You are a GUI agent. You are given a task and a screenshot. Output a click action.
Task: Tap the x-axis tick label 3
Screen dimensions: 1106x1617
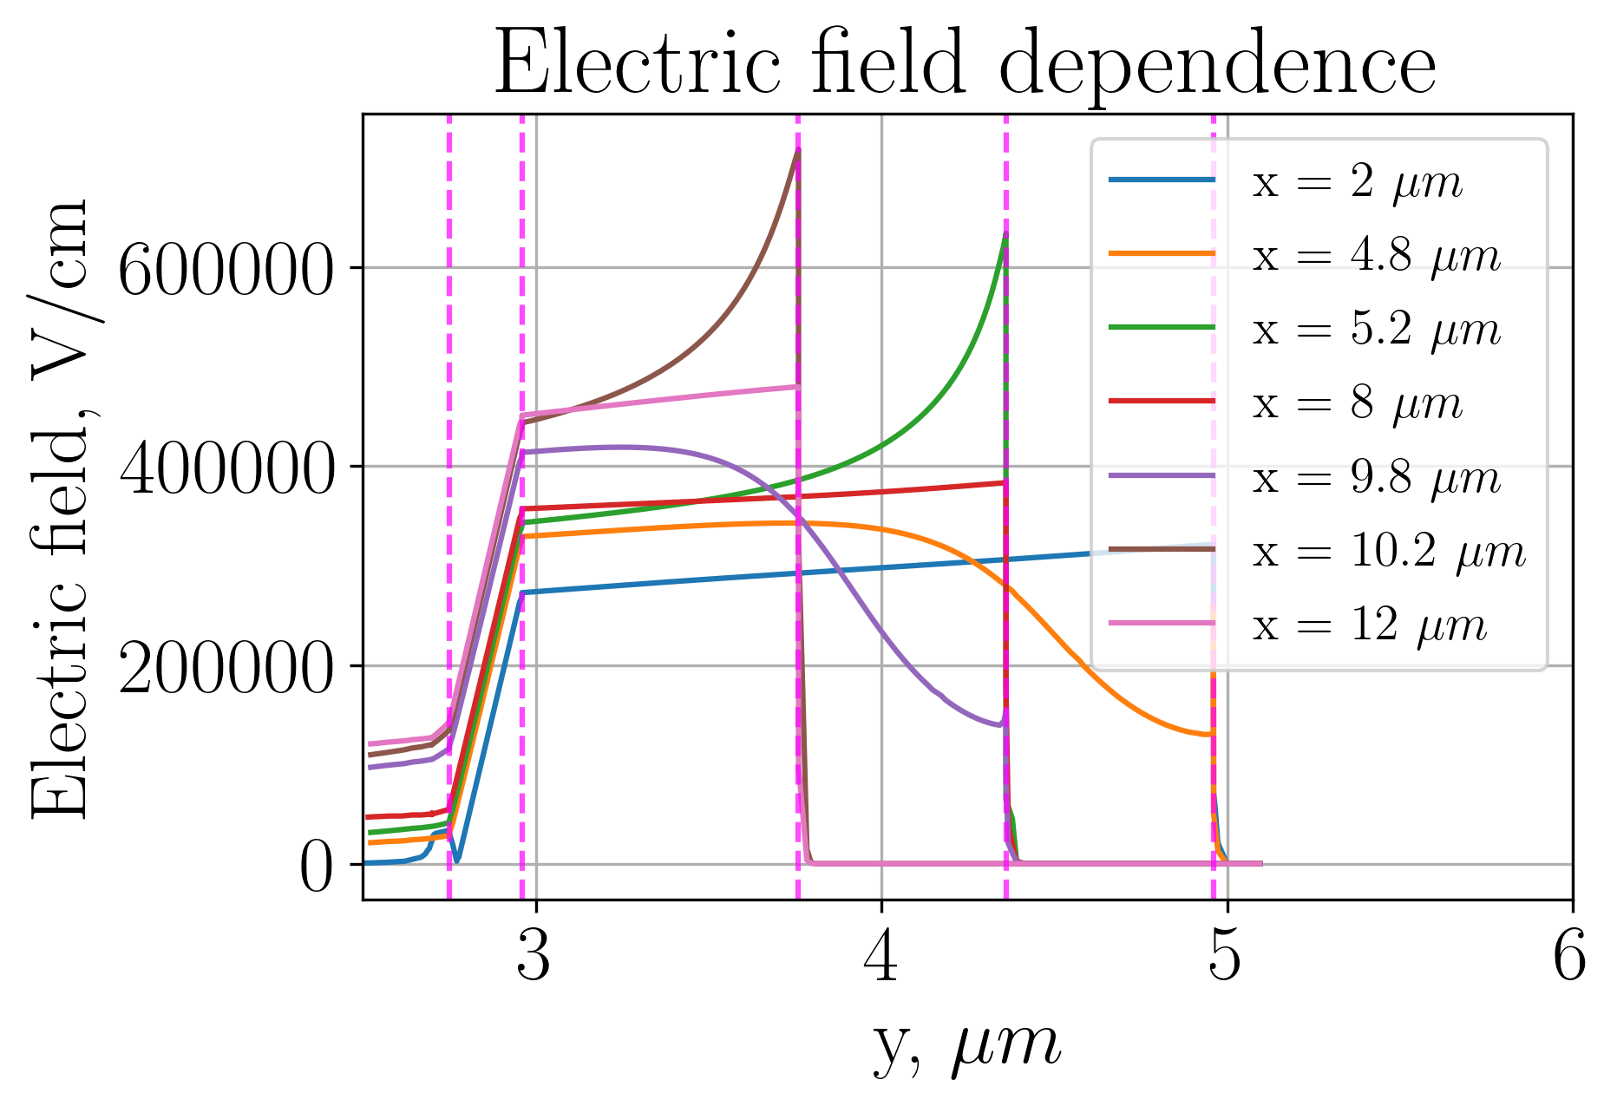[x=534, y=959]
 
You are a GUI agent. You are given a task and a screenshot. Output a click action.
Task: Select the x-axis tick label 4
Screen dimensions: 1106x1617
[x=881, y=959]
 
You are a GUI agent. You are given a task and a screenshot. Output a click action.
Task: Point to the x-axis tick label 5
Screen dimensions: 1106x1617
[x=1225, y=959]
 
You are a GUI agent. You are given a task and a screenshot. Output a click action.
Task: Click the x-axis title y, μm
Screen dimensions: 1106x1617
[x=965, y=1045]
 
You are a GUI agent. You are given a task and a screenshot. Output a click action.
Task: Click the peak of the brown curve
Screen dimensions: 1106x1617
[x=796, y=153]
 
